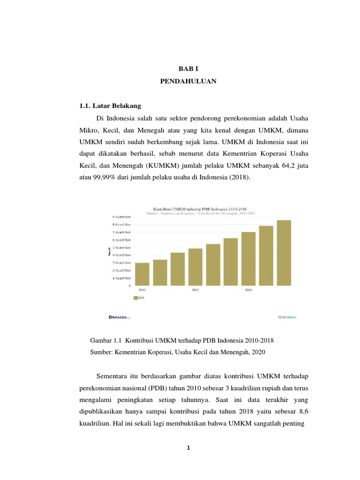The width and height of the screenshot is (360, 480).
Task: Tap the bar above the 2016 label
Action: click(x=248, y=258)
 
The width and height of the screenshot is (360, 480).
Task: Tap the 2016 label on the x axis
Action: click(x=248, y=290)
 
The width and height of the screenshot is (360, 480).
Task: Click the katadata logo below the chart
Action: click(x=120, y=317)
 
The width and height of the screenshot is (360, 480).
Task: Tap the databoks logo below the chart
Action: click(x=287, y=317)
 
